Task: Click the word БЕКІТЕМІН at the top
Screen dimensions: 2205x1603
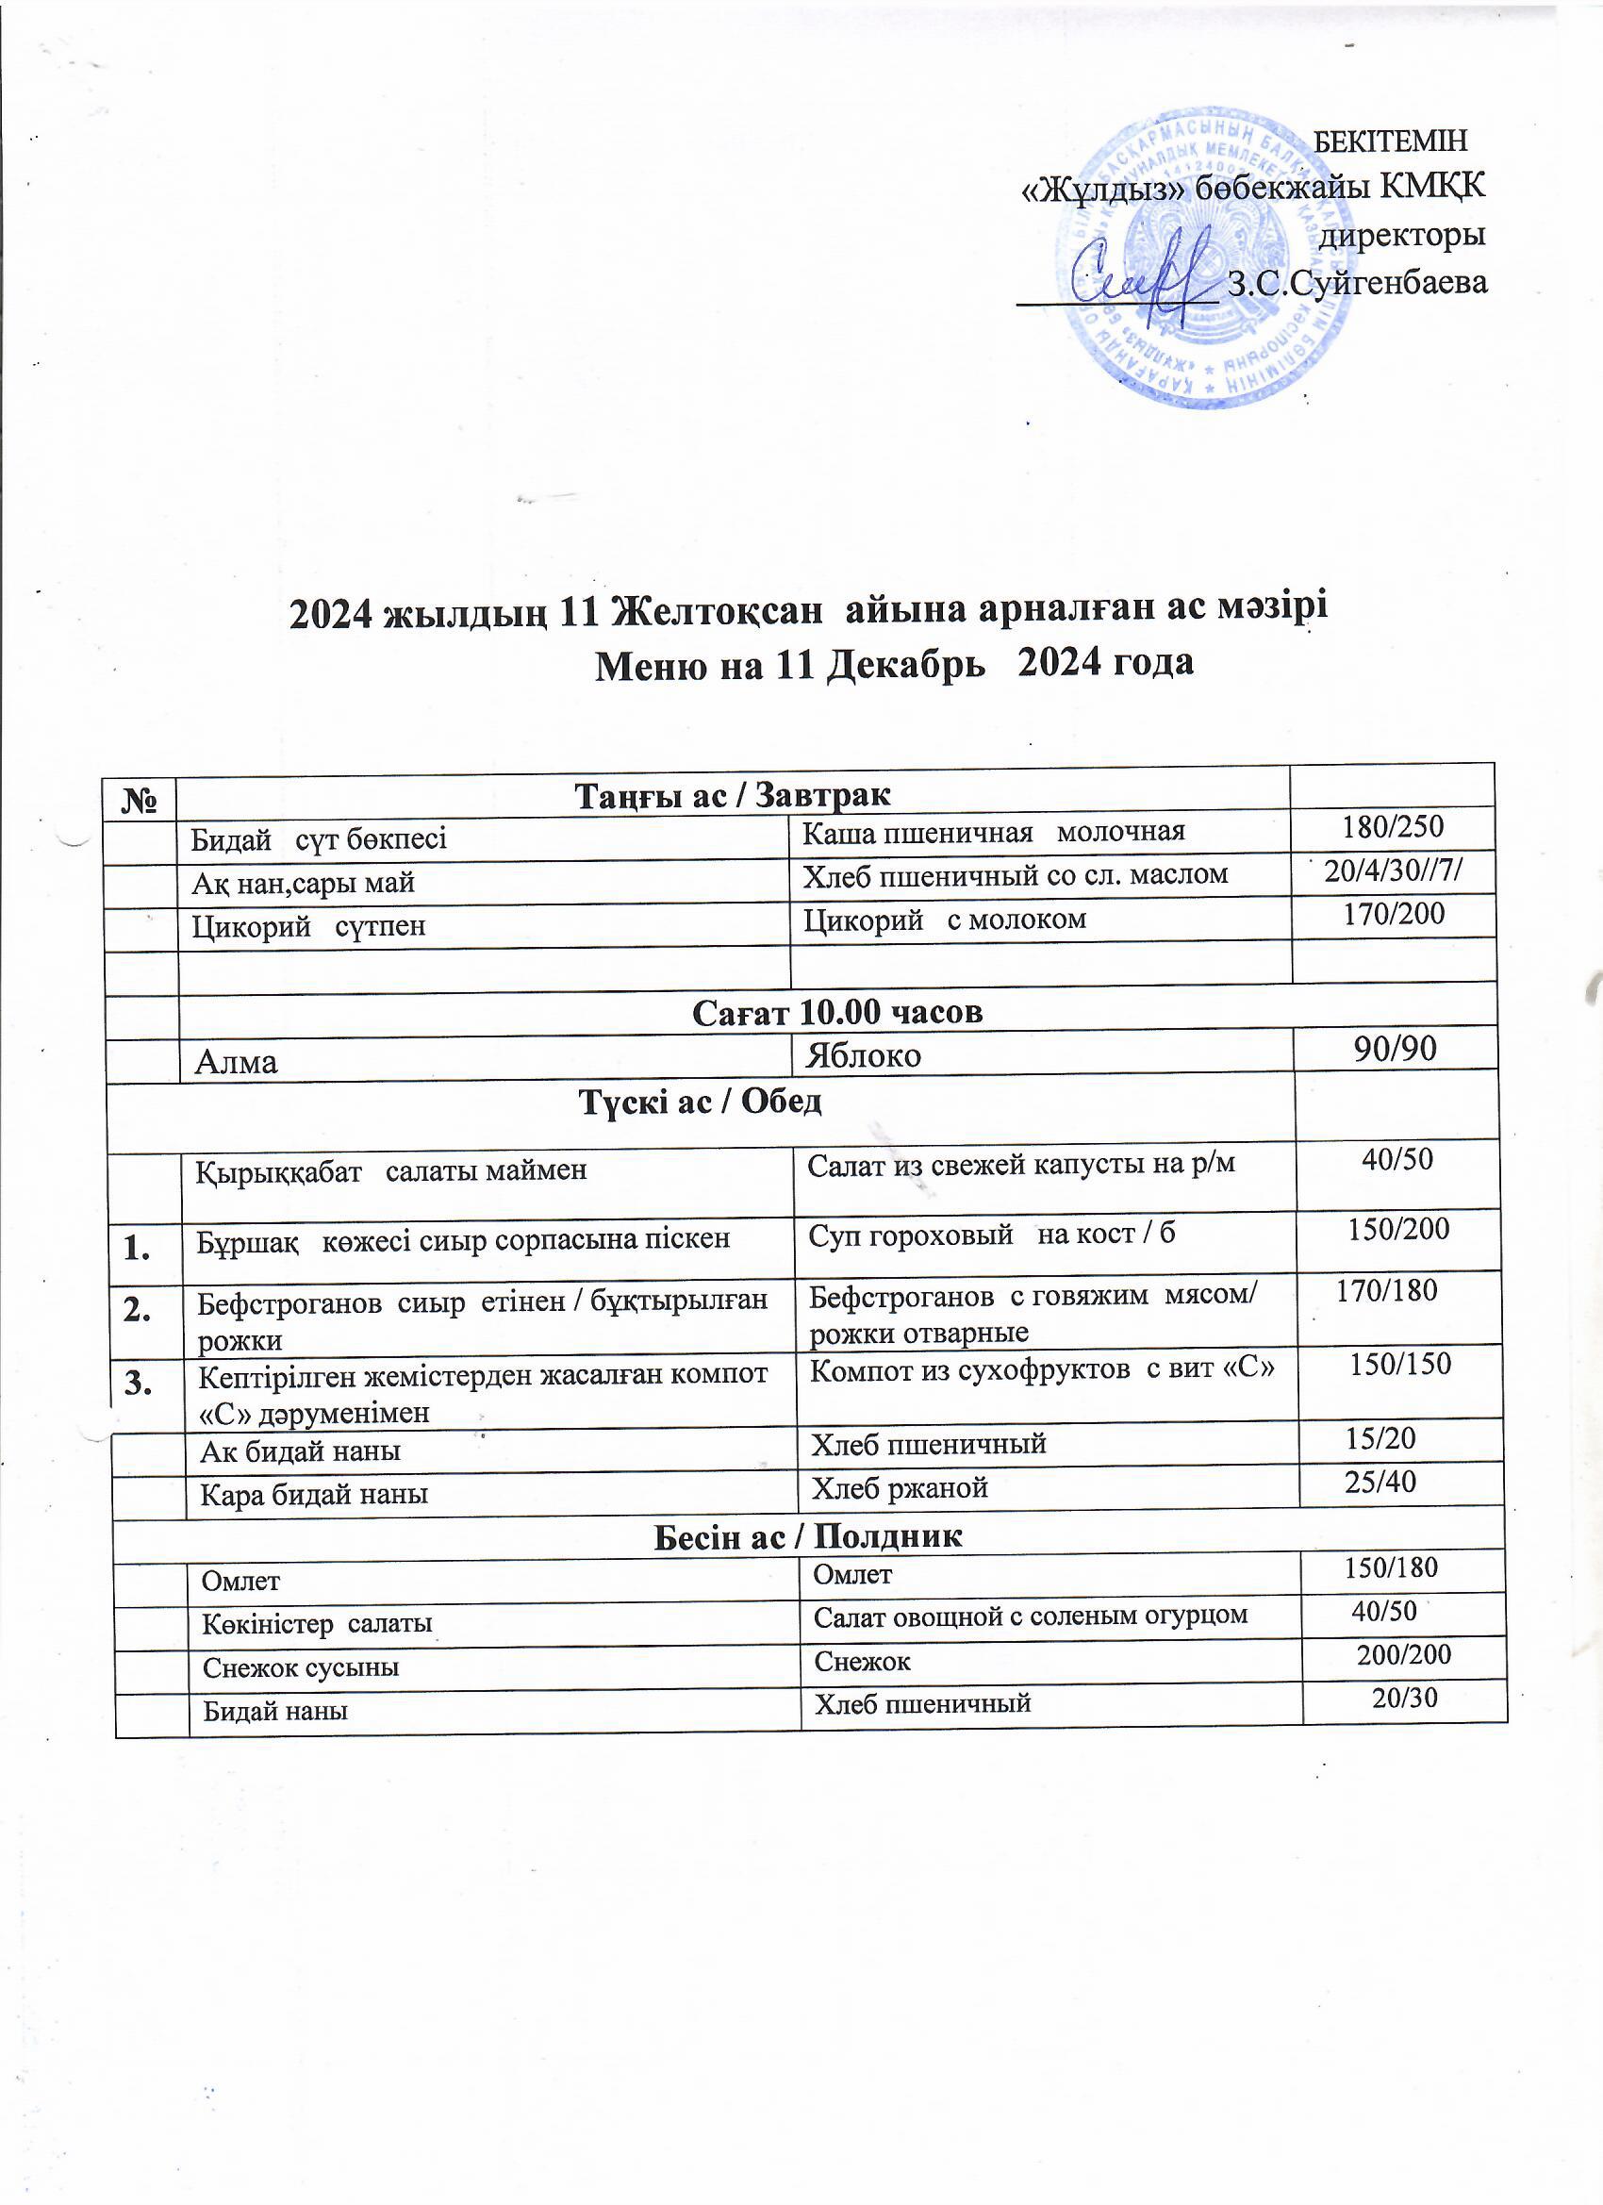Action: [x=1390, y=140]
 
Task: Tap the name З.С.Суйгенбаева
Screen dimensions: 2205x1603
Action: [x=1357, y=283]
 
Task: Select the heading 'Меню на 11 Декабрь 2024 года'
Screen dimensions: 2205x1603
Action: [x=893, y=664]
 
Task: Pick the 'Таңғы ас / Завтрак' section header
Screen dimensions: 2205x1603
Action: [x=733, y=795]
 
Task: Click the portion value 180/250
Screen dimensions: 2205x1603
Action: [x=1393, y=827]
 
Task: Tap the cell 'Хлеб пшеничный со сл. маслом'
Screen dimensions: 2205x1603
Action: [x=1015, y=875]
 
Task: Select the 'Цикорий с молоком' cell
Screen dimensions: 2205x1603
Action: [x=944, y=919]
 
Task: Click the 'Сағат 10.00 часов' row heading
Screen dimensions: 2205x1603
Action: [x=837, y=1012]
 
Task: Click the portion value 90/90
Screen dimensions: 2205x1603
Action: [x=1396, y=1047]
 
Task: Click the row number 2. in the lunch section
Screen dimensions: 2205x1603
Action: [x=137, y=1312]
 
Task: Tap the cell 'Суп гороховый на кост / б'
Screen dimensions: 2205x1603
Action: [x=992, y=1234]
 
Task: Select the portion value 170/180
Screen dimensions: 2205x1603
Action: [x=1386, y=1291]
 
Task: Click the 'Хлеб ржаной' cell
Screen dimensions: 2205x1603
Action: [x=900, y=1488]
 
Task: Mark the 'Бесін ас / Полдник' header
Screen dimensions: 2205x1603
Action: [x=808, y=1536]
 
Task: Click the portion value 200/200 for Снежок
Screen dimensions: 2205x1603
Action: [x=1404, y=1655]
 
